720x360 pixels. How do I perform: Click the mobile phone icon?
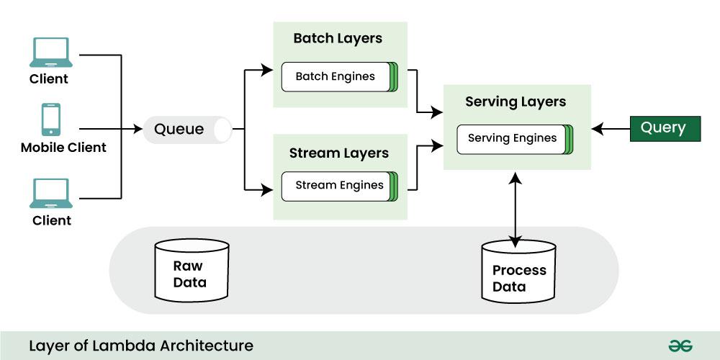coord(50,120)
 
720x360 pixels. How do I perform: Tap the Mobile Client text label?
coord(63,148)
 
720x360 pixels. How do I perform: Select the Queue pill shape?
coord(187,130)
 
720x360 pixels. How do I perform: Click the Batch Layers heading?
coord(338,38)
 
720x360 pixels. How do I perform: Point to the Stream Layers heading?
coord(338,153)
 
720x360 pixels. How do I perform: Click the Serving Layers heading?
coord(516,102)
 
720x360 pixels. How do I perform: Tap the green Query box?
coord(665,128)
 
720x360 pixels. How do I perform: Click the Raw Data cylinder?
coord(192,271)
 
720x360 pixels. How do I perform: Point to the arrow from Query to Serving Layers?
coord(611,129)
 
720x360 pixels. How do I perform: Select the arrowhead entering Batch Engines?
coord(269,71)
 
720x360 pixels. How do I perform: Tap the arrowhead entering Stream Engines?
coord(269,190)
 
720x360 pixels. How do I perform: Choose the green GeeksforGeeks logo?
coord(680,346)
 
